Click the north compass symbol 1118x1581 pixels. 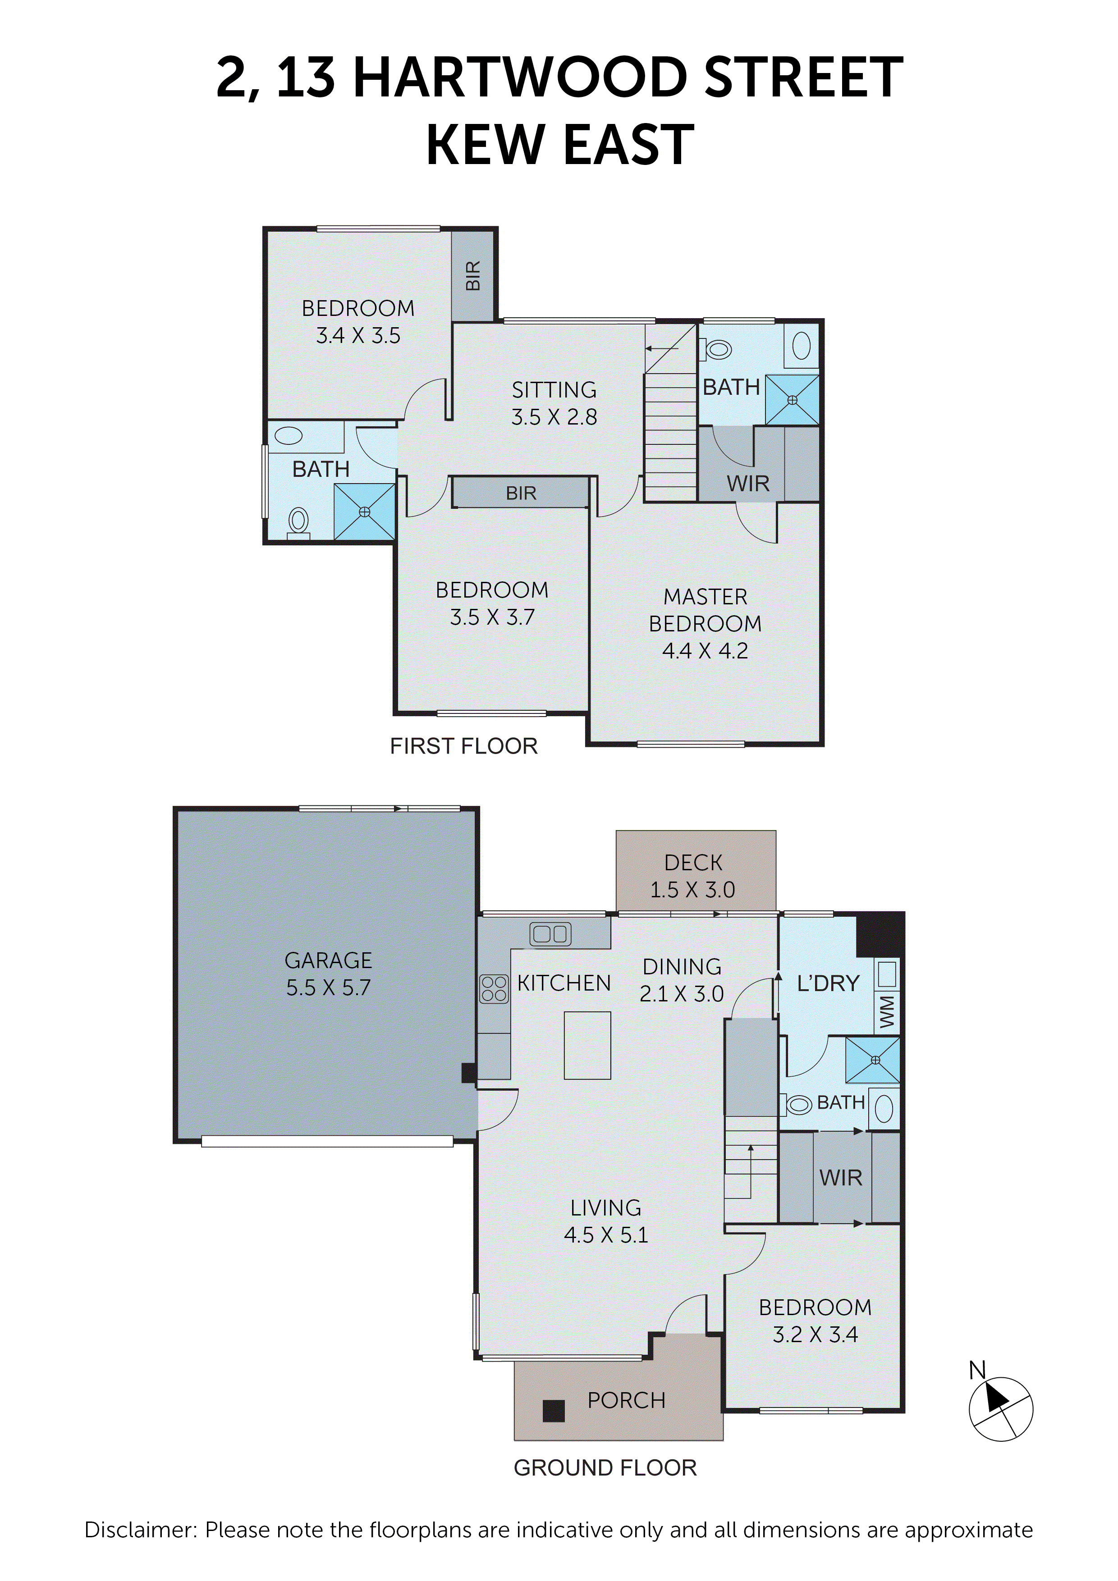point(1000,1409)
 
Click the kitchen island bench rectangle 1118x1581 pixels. point(587,1045)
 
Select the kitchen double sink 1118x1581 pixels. point(550,934)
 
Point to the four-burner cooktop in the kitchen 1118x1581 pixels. point(493,989)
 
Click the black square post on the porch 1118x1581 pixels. point(553,1411)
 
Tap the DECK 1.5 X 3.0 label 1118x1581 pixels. point(693,876)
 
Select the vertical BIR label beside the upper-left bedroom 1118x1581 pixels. point(472,275)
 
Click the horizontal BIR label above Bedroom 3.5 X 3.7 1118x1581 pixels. point(521,493)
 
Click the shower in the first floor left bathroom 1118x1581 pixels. point(364,512)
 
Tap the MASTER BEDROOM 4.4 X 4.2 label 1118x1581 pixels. point(705,623)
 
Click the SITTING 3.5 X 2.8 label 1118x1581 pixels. point(554,403)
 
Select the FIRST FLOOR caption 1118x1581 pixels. point(463,746)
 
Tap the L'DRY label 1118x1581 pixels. point(828,983)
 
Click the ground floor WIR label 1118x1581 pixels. point(840,1178)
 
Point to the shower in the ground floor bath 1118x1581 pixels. point(873,1060)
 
